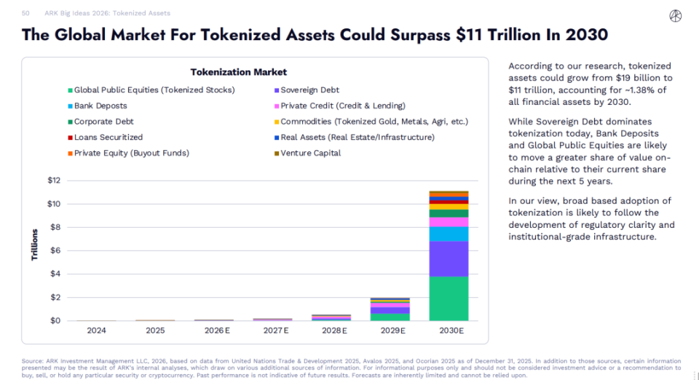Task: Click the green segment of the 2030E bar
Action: click(449, 298)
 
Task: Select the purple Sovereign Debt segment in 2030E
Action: click(449, 258)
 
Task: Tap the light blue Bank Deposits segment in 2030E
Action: click(449, 234)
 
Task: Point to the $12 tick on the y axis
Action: click(54, 181)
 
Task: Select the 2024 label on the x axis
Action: click(97, 330)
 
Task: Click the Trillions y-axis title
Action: click(34, 245)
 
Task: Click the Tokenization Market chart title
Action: click(239, 72)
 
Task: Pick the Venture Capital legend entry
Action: click(310, 153)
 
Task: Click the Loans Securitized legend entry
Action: click(108, 137)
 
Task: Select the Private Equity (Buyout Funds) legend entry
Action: click(131, 153)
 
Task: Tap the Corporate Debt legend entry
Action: click(103, 122)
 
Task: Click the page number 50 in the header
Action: click(26, 13)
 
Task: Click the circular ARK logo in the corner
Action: click(675, 16)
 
